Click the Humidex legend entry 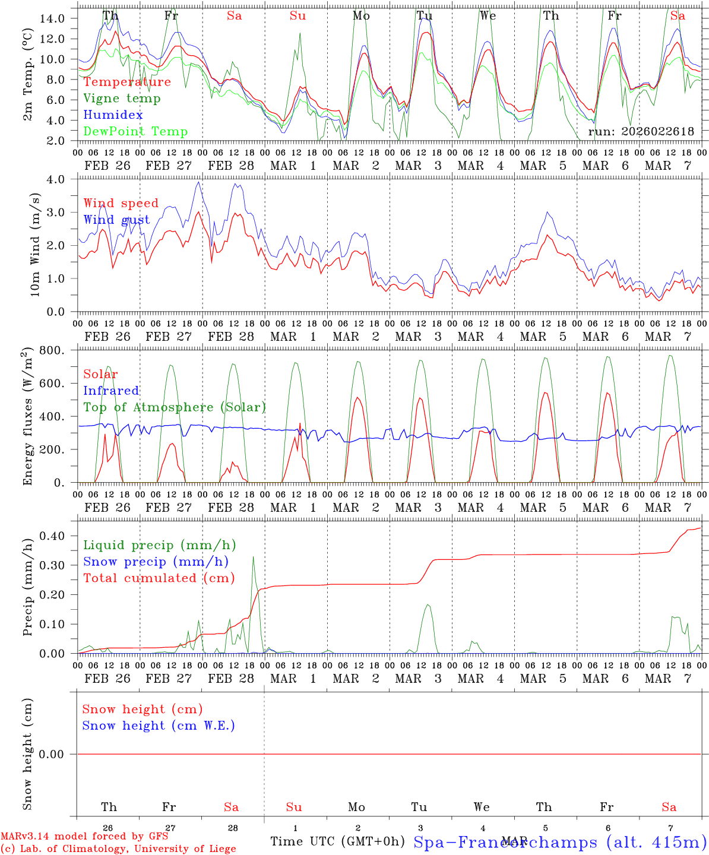point(113,115)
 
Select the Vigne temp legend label point(122,98)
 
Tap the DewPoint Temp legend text point(135,131)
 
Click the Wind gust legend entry point(116,220)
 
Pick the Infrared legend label point(111,391)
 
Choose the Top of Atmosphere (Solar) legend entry point(174,407)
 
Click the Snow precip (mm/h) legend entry point(156,562)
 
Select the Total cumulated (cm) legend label point(159,578)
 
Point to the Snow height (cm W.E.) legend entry point(159,726)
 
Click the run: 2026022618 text point(641,131)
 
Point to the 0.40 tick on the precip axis point(56,536)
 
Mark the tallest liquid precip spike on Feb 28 point(254,557)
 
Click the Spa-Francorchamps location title point(559,842)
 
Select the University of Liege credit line point(118,848)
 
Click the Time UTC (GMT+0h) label point(337,841)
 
